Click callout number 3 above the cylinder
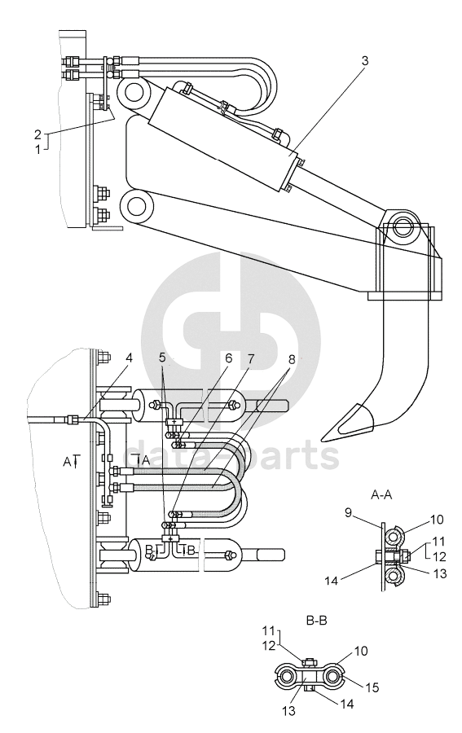click(365, 61)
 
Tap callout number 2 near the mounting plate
click(37, 134)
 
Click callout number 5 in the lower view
click(162, 358)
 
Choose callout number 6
click(228, 358)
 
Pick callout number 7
click(251, 358)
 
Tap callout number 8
click(292, 359)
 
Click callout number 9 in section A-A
click(348, 513)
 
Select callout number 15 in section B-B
click(372, 687)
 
